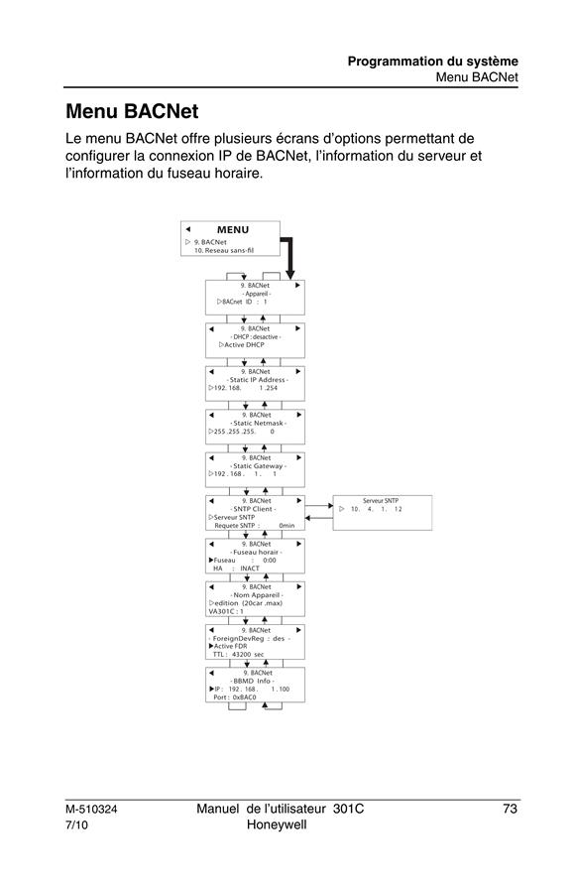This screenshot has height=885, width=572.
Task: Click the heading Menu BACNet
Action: tap(132, 111)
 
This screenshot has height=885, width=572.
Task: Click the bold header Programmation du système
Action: tap(432, 61)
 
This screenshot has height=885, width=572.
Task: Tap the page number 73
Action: tap(510, 809)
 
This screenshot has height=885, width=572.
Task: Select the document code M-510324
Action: tap(91, 810)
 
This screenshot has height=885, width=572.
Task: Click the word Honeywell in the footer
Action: tap(277, 824)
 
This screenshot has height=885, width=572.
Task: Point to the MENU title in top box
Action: tap(232, 230)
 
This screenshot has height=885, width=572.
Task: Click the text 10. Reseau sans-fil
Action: tap(224, 251)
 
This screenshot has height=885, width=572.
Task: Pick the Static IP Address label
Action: tap(259, 380)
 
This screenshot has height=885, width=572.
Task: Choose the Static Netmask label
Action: tap(259, 423)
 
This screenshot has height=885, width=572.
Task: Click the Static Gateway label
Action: tap(259, 466)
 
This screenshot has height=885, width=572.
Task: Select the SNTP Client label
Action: tap(253, 509)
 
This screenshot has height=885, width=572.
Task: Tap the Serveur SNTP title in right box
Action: tap(381, 501)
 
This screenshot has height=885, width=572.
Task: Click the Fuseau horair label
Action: tap(256, 552)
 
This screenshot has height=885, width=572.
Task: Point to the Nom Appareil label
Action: tap(257, 595)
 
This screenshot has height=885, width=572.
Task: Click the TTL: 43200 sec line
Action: tap(238, 655)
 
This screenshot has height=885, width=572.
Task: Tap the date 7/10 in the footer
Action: tap(76, 825)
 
